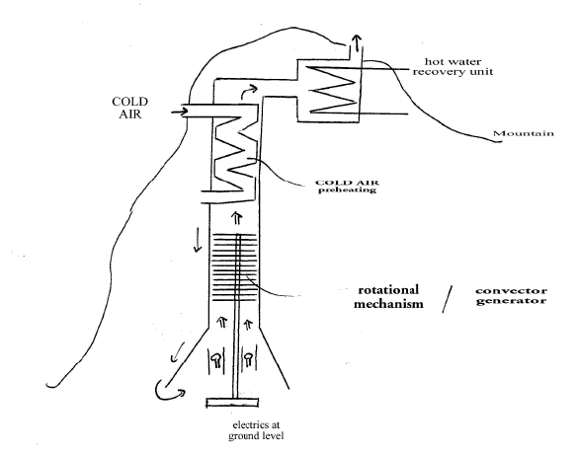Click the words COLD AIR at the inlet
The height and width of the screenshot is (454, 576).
click(x=130, y=108)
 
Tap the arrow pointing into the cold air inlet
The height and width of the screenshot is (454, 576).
click(x=179, y=112)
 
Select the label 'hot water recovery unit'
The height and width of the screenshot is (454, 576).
click(x=453, y=66)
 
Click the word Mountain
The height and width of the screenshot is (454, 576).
click(x=524, y=133)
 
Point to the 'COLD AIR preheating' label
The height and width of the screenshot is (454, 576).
click(x=347, y=187)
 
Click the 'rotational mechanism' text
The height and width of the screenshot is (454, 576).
click(x=388, y=296)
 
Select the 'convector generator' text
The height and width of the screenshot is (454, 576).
click(x=512, y=296)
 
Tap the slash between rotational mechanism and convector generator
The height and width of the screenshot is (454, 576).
click(x=447, y=299)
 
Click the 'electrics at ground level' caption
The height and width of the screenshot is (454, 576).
click(x=256, y=430)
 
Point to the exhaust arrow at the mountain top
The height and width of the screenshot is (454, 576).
click(x=356, y=44)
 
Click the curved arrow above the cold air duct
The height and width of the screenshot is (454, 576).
click(x=249, y=92)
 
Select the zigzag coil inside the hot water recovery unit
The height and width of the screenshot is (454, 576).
click(x=332, y=90)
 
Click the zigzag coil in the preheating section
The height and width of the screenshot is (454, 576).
click(x=235, y=153)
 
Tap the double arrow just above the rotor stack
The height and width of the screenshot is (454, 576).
click(x=237, y=217)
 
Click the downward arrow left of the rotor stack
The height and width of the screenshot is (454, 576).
click(x=198, y=240)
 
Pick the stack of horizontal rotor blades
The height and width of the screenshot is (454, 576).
click(x=235, y=267)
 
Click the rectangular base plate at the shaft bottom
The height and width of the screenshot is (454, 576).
click(x=232, y=403)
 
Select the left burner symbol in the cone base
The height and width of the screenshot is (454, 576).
click(x=216, y=359)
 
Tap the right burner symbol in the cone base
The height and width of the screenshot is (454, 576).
click(x=249, y=359)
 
